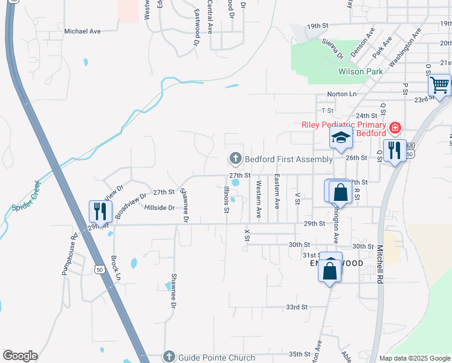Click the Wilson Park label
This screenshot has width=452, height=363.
[x=361, y=71]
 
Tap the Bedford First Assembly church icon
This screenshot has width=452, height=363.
[x=235, y=159]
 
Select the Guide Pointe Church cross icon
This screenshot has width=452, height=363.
[x=169, y=358]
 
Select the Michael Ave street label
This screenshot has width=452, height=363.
[x=82, y=31]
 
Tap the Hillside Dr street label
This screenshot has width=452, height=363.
[x=160, y=208]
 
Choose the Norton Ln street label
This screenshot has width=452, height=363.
[x=341, y=94]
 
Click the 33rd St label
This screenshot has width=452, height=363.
[x=297, y=307]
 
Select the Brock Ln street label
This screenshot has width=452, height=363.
[x=116, y=267]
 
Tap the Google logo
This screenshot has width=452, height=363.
[x=20, y=356]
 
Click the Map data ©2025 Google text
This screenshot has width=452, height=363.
[x=414, y=358]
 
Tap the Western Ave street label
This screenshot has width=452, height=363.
[x=259, y=200]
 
